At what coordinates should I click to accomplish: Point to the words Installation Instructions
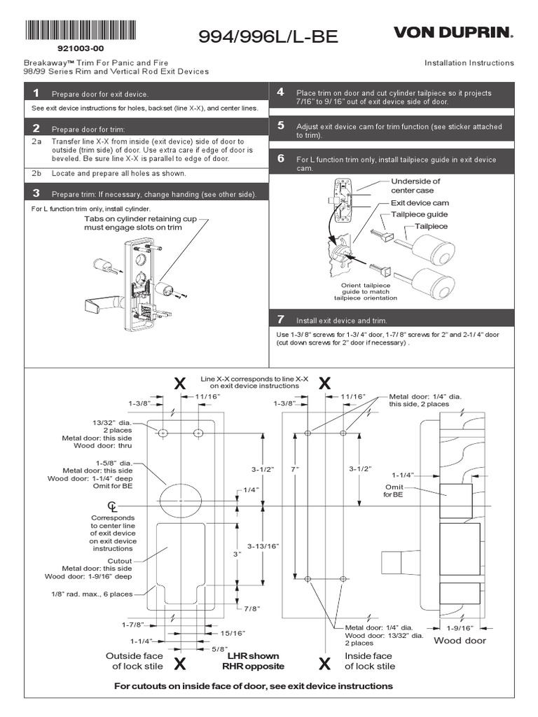click(469, 63)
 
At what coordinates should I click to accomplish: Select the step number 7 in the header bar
click(280, 319)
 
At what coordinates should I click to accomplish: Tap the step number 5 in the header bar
click(280, 126)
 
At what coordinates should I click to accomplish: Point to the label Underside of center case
click(416, 186)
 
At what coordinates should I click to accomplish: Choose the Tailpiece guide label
click(419, 214)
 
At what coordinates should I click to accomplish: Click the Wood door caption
click(460, 640)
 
